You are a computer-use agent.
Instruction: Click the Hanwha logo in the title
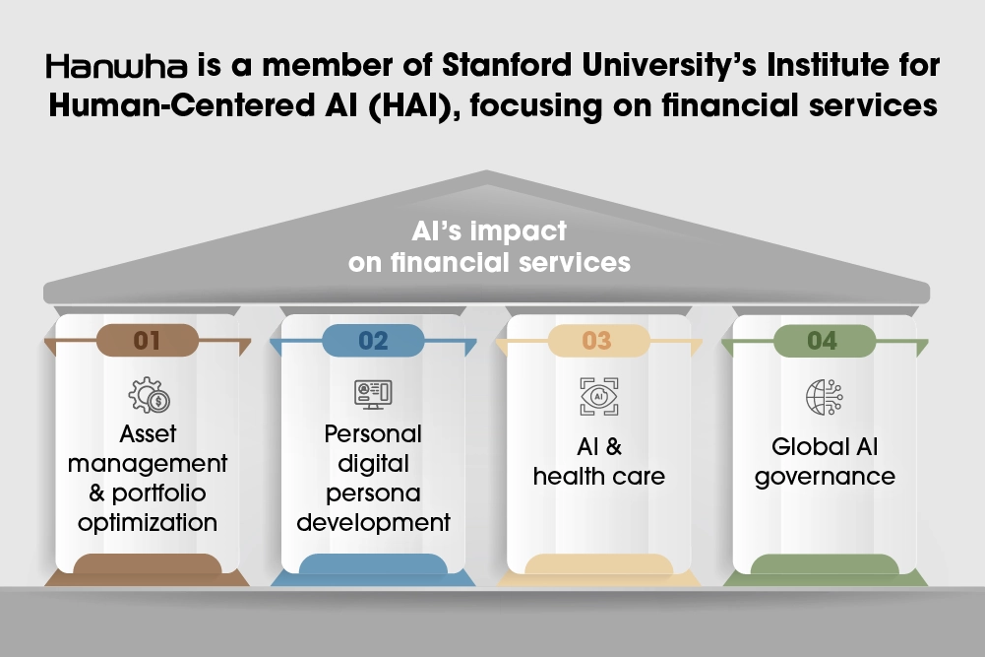(x=116, y=66)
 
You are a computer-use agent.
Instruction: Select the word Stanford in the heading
(x=507, y=65)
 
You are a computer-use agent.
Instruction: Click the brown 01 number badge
(x=147, y=341)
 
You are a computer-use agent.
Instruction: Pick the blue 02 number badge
(x=373, y=341)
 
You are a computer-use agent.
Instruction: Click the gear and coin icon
(x=149, y=395)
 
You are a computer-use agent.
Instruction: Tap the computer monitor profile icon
(x=373, y=395)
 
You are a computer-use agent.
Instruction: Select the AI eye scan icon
(x=598, y=396)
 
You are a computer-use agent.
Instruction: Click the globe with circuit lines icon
(x=825, y=397)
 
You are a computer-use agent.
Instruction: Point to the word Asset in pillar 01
(x=148, y=433)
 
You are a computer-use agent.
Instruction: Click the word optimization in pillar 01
(x=148, y=523)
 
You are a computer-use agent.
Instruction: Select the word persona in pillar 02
(x=373, y=494)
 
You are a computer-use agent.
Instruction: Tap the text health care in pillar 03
(x=598, y=477)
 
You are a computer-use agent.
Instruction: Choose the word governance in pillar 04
(x=825, y=478)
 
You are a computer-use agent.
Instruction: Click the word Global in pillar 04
(x=803, y=447)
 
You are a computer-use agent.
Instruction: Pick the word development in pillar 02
(x=373, y=523)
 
